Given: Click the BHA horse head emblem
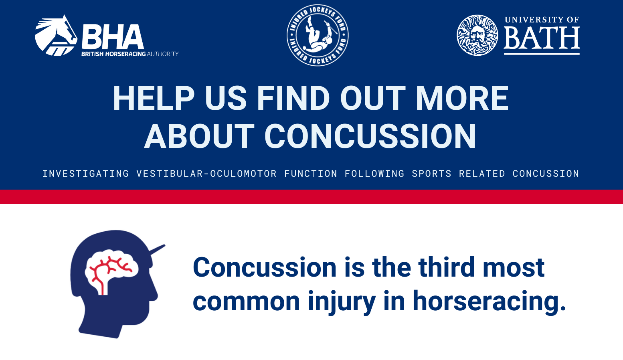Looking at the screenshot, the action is point(56,36).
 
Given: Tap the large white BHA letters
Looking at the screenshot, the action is point(113,37).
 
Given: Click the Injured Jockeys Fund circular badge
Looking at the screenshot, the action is point(318,35).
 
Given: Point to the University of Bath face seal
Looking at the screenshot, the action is point(477,35).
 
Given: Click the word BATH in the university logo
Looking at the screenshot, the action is point(542,38).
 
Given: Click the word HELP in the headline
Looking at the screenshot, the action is point(154,98).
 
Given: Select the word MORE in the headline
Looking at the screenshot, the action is point(462,98).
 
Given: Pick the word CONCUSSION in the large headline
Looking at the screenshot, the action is point(370,136).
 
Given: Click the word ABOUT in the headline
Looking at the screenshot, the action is point(199,136).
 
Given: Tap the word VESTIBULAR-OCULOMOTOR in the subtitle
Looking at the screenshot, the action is point(206,174).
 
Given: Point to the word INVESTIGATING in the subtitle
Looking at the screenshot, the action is point(86,174).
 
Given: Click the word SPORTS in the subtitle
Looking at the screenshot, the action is point(431,174).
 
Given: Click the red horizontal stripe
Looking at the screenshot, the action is point(311,197).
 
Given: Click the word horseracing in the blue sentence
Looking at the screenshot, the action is point(489,301).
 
